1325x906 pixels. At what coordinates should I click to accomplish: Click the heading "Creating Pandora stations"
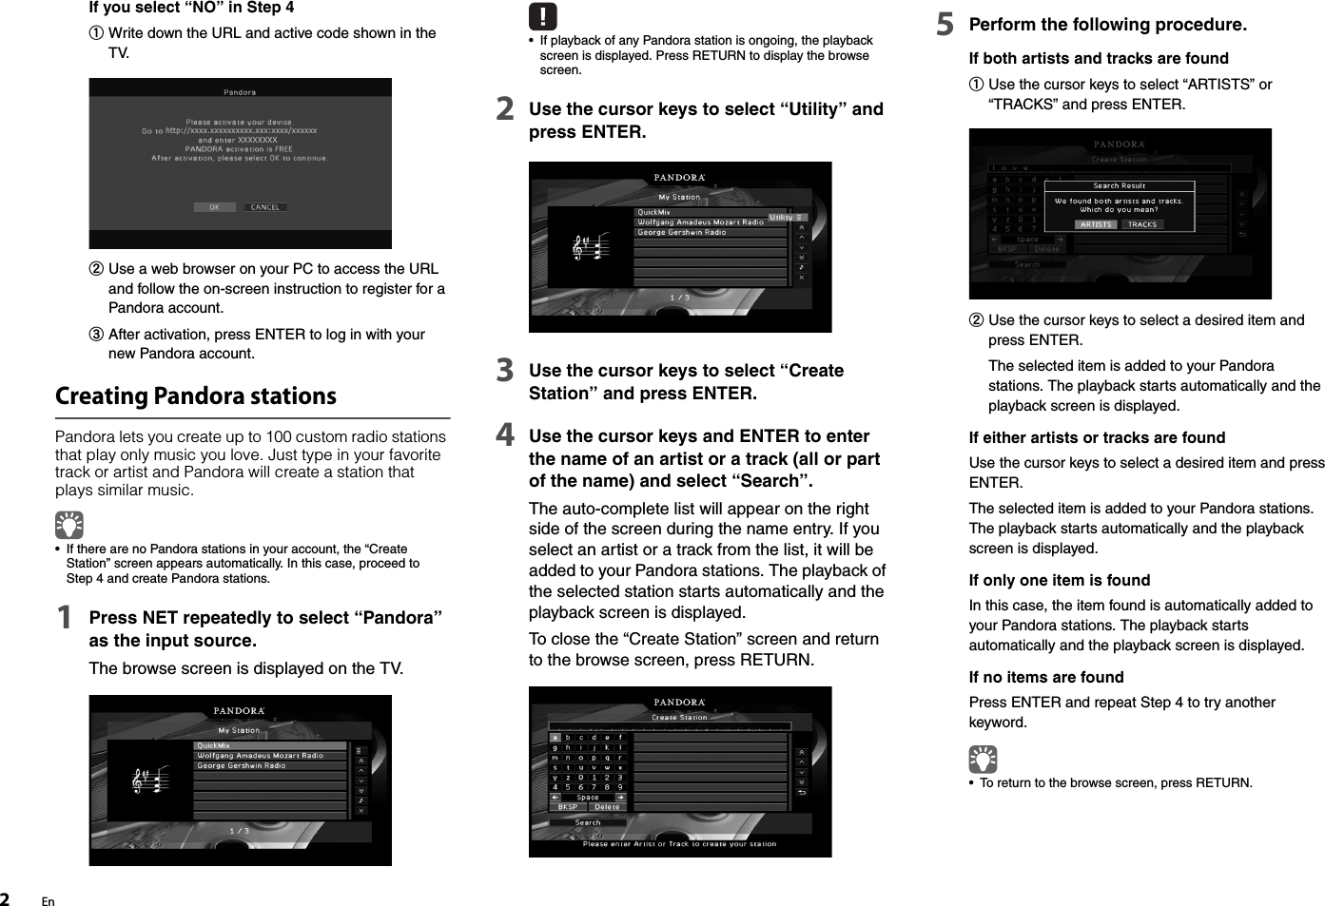point(196,395)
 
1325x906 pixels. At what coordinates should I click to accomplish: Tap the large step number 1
point(64,618)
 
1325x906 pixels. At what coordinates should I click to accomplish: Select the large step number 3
point(505,371)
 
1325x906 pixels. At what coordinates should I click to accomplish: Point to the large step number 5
point(945,25)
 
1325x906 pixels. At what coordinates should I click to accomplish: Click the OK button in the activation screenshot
point(214,207)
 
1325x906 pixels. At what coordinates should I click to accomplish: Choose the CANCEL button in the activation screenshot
point(265,207)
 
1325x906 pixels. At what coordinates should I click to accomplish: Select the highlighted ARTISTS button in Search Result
point(1096,224)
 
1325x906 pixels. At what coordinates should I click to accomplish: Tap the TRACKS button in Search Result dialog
point(1142,224)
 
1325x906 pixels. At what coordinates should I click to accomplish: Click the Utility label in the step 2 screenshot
point(782,218)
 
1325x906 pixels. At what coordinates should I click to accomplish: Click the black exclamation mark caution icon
point(542,17)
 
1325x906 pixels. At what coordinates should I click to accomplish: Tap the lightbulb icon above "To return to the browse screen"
point(983,759)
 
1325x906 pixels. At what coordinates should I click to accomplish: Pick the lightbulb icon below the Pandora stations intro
point(69,525)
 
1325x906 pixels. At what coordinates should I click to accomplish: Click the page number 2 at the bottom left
point(6,899)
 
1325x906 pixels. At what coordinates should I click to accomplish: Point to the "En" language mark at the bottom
point(49,901)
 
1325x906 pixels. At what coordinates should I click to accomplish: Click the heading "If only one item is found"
point(1060,580)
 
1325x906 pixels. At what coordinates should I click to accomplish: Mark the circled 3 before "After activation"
point(97,335)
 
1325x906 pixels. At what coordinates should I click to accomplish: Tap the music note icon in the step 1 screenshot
point(149,781)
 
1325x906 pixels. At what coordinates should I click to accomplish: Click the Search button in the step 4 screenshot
point(588,822)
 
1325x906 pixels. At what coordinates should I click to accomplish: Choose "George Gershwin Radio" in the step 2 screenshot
point(682,232)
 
